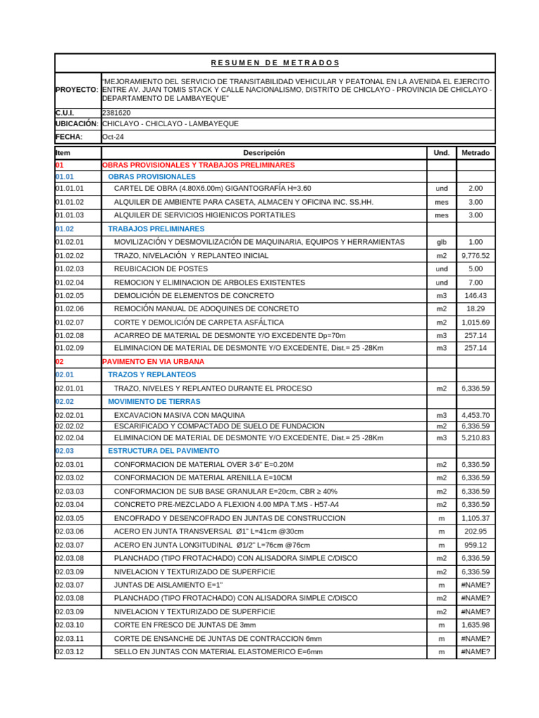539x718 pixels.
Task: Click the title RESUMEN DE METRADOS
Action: [275, 63]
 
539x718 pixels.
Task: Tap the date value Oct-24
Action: [113, 137]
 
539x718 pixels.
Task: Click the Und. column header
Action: [441, 152]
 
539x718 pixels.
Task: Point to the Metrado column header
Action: [476, 152]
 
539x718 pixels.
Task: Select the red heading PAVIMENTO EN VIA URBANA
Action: [154, 362]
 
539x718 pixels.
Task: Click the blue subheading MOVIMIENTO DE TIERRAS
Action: [154, 402]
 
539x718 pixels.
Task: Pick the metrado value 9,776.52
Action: [476, 256]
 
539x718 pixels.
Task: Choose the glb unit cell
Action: [441, 242]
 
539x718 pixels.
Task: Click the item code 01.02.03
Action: [69, 269]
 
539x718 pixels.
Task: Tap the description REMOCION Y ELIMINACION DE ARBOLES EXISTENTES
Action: [209, 283]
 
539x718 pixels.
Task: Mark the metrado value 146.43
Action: [476, 296]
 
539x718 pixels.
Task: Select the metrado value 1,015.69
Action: [476, 323]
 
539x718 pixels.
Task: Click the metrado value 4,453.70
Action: [476, 415]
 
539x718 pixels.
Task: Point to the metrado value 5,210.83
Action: [476, 438]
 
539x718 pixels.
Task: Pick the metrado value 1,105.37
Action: [476, 518]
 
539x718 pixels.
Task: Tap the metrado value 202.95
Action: [476, 531]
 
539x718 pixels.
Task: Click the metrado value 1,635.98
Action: [476, 625]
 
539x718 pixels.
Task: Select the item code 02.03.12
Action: [69, 652]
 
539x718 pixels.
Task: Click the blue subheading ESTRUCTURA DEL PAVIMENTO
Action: [164, 451]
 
